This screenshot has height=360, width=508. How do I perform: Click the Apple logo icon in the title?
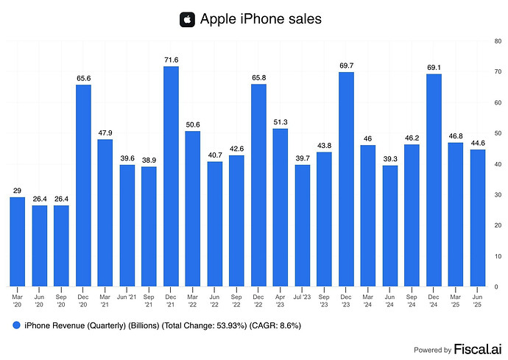point(187,19)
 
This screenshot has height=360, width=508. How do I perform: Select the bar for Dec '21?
point(171,176)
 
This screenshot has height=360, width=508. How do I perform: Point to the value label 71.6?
point(171,58)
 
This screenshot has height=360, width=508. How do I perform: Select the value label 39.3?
point(390,158)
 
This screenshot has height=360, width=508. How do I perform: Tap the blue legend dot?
point(15,325)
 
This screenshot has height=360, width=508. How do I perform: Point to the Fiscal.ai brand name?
point(477,349)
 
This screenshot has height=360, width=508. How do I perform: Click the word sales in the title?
point(299,19)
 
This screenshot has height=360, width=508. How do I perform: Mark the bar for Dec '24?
point(434,180)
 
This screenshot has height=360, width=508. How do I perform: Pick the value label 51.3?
point(281,121)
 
